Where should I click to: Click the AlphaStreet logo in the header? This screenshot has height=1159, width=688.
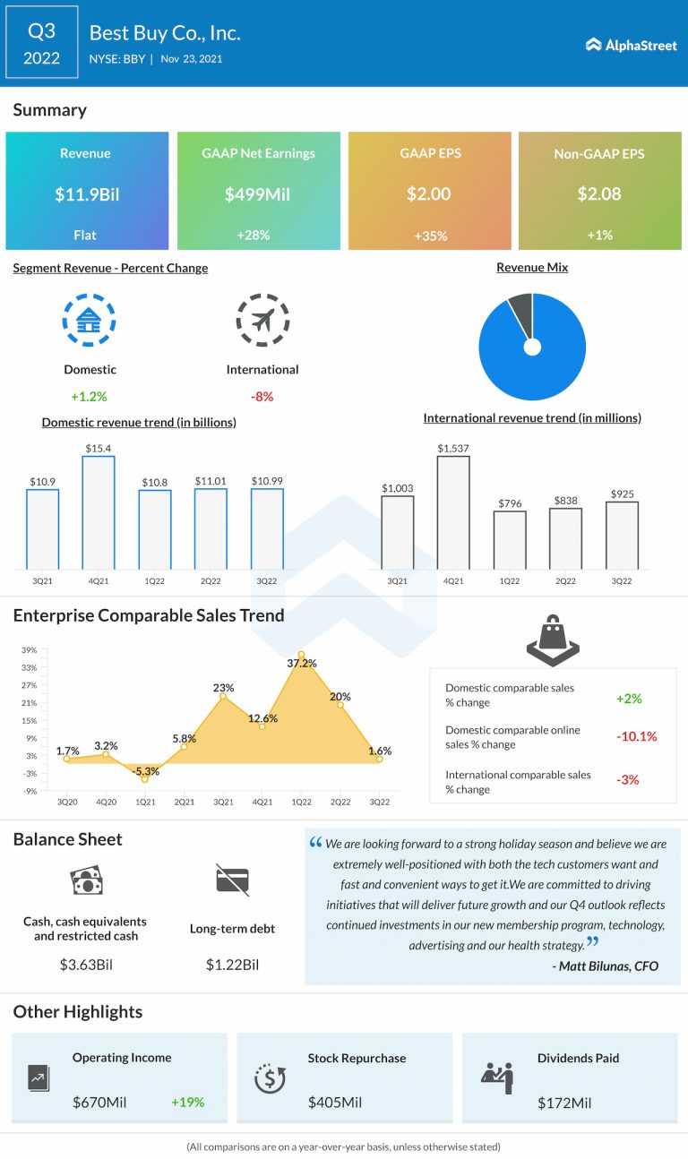tap(632, 45)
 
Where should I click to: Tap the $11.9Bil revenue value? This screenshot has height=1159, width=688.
tap(86, 193)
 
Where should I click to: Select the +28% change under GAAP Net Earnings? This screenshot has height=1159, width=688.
tap(258, 235)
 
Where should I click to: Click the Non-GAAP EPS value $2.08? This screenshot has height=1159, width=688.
tap(599, 193)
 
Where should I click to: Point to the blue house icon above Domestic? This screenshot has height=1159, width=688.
tap(90, 318)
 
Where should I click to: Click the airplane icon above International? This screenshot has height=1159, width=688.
tap(262, 318)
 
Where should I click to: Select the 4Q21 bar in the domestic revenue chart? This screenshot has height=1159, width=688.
tap(99, 511)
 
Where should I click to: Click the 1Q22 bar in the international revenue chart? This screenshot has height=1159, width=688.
tap(510, 539)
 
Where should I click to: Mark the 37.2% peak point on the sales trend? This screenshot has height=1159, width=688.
tap(302, 655)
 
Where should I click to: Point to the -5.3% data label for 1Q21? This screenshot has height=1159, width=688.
tap(145, 770)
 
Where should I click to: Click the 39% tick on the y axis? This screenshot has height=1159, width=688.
tap(30, 650)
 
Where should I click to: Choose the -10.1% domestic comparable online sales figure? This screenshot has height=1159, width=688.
tap(637, 736)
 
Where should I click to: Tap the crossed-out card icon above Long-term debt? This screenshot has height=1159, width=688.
tap(232, 880)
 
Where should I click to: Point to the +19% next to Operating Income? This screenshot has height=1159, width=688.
tap(187, 1102)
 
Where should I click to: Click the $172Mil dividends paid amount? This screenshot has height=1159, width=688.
tap(565, 1102)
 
